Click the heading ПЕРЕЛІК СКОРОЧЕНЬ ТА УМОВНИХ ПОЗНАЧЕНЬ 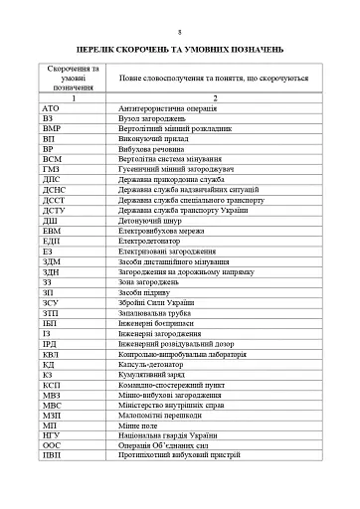180,48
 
